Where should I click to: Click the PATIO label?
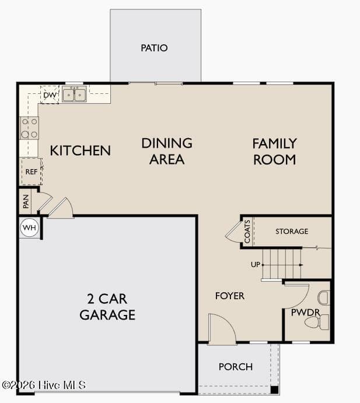(154, 48)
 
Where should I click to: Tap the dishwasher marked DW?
(50, 95)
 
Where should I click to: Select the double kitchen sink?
(74, 94)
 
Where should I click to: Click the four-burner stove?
(29, 128)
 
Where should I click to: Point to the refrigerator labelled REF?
(32, 171)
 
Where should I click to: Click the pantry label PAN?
(26, 201)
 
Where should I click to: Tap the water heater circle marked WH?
(30, 227)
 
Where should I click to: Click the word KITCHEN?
(81, 150)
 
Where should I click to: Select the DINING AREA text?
(167, 152)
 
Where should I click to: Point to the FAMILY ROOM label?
(275, 152)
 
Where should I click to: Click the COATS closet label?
(247, 232)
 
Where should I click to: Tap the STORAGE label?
(292, 232)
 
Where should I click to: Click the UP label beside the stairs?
(256, 264)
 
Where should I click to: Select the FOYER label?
(230, 296)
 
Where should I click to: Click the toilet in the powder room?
(317, 322)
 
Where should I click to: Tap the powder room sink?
(323, 298)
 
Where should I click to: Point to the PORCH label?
(236, 367)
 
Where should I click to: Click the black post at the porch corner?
(275, 390)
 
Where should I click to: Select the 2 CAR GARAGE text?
(107, 307)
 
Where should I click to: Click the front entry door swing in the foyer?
(222, 329)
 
